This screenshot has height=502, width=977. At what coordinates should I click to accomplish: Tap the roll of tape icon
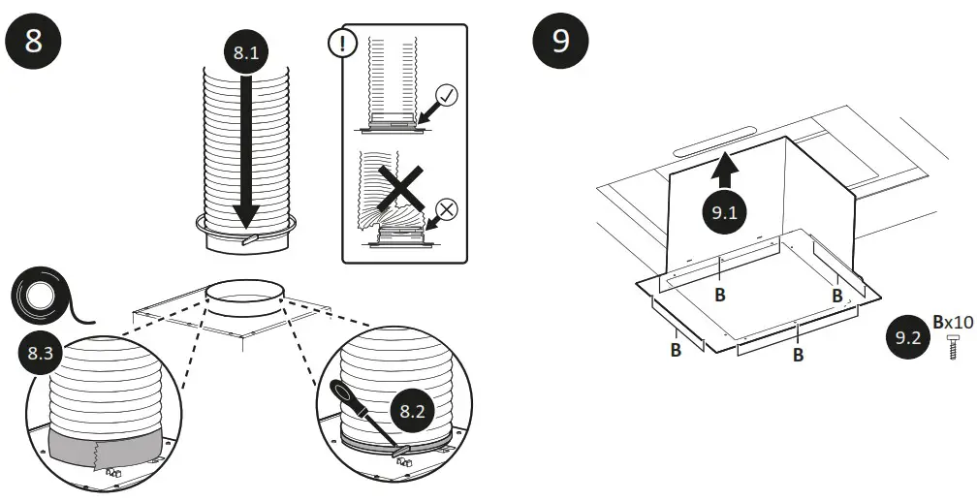40,296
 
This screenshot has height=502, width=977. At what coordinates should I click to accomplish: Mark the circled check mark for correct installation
448,95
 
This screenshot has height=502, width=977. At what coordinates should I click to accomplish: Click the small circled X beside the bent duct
448,206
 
